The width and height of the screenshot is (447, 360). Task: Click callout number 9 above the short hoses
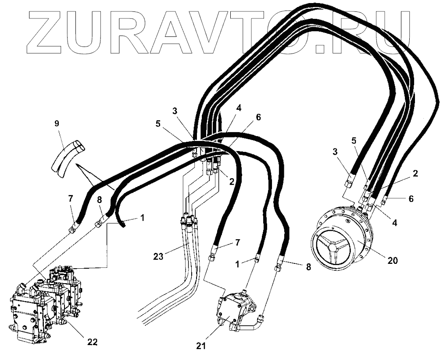point(56,124)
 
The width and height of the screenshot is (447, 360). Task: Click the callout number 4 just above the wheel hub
point(395,223)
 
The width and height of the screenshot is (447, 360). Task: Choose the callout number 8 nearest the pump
point(308,266)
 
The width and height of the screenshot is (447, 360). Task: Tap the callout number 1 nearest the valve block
point(143,217)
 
